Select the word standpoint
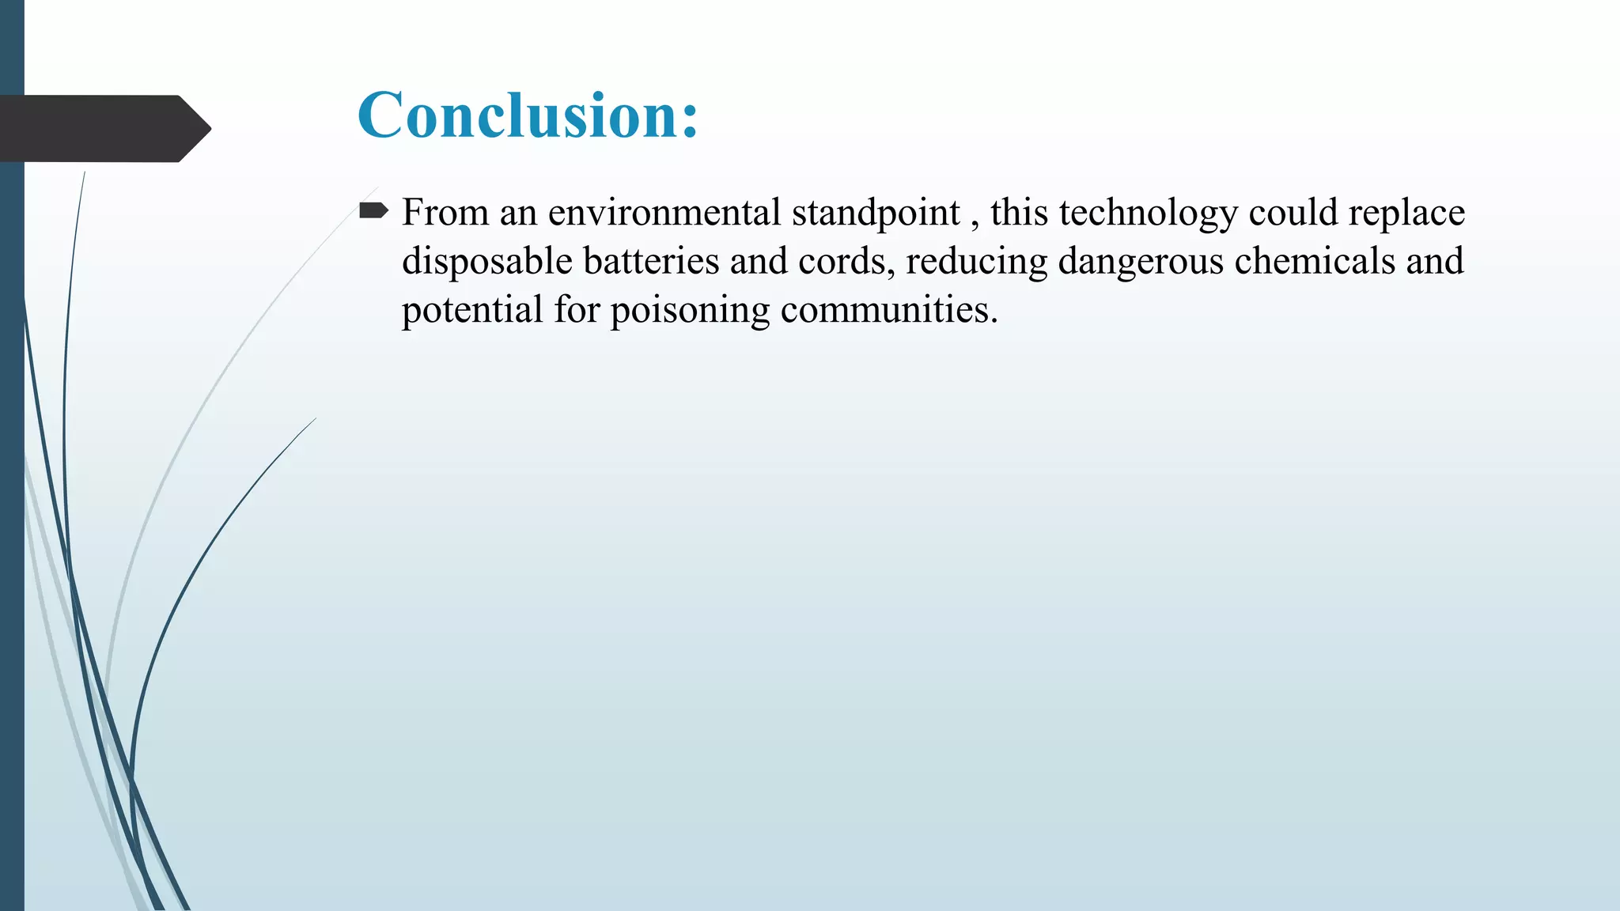(876, 213)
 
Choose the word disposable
(486, 261)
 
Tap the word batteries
(651, 261)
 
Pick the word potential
(472, 309)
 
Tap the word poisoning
(690, 309)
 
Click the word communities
(888, 309)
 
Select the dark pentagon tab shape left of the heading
(103, 128)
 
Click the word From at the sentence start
(445, 213)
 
